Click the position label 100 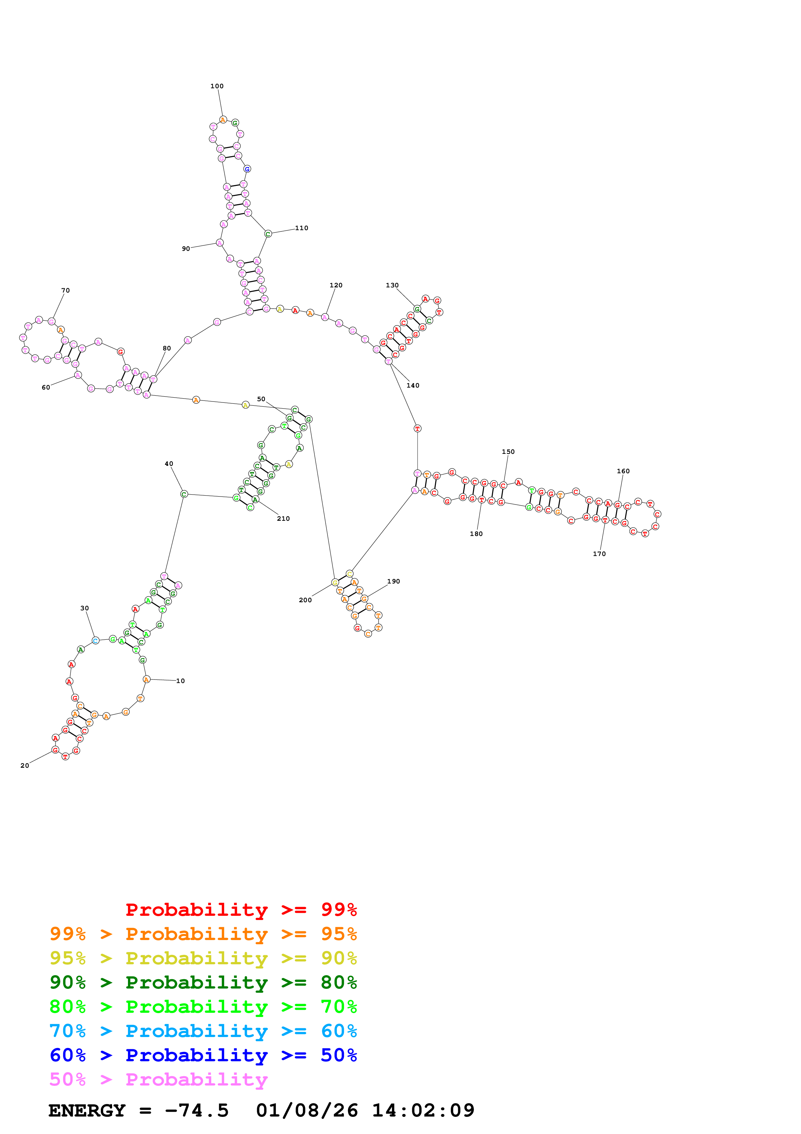coord(217,86)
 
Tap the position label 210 coord(283,519)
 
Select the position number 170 coord(599,554)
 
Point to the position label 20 coord(25,765)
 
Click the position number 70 coord(66,290)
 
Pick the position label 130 coord(392,285)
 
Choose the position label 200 coord(305,600)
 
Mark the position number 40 coord(169,464)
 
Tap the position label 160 coord(623,471)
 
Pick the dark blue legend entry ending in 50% coord(203,1055)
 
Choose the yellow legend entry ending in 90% coord(203,958)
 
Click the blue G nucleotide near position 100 coord(247,169)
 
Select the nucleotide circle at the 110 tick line coord(268,234)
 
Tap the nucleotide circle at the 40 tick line coord(184,494)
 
